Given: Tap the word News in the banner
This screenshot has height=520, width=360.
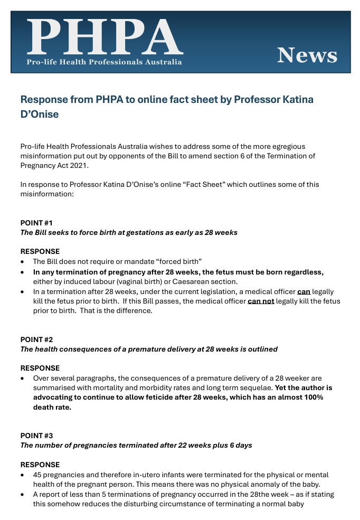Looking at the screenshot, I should tap(307, 55).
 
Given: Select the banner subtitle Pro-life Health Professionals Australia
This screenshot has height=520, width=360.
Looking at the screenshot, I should tap(105, 62).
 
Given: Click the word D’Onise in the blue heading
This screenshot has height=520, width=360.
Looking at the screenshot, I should tap(39, 114).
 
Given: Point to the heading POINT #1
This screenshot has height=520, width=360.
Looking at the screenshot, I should tap(36, 223).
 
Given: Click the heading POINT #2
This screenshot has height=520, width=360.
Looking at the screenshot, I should tap(36, 339).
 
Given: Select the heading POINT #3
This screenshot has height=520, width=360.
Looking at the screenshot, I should tap(36, 436).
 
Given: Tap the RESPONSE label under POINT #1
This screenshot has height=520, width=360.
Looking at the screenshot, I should tap(40, 251).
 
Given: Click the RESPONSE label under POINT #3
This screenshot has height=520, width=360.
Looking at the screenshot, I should tap(40, 465).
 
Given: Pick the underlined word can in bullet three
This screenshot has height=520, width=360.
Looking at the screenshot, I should tap(304, 291).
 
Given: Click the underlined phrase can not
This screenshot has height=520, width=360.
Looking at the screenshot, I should tap(261, 301).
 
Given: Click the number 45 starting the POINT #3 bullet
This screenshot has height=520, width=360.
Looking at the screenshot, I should tap(37, 475).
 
